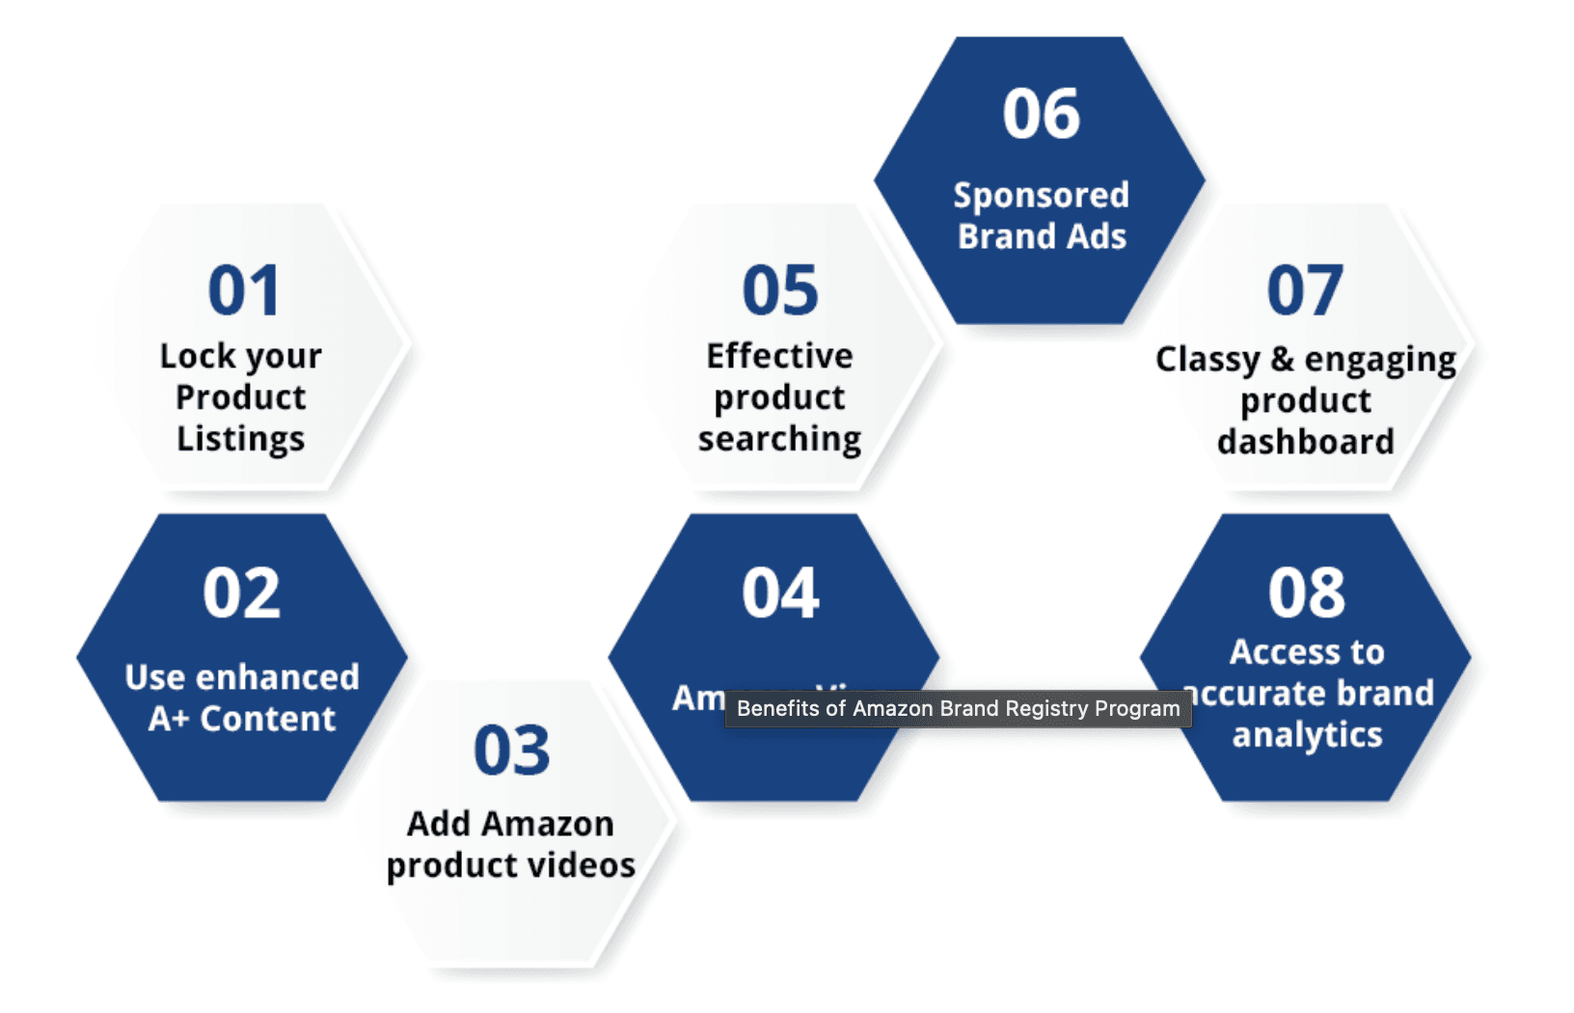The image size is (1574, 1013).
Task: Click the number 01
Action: (244, 290)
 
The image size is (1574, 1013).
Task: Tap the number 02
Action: (241, 592)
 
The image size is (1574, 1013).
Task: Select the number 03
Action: (511, 751)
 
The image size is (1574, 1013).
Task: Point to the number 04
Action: (780, 592)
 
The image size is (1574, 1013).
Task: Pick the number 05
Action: (780, 290)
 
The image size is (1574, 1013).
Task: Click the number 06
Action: (1042, 115)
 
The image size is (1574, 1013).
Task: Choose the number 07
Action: (1305, 290)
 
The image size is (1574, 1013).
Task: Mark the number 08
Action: (1307, 592)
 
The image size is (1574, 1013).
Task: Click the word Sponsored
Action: (1041, 196)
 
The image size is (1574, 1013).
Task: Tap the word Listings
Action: (241, 439)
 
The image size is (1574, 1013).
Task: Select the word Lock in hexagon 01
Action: (197, 356)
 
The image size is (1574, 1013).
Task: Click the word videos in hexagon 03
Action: (583, 865)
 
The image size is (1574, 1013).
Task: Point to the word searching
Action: (780, 439)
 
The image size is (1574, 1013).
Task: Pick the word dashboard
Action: (1306, 442)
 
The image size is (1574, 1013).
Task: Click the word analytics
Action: (1307, 735)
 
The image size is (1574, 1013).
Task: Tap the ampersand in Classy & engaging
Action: (1282, 359)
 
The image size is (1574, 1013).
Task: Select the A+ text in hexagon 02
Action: (168, 719)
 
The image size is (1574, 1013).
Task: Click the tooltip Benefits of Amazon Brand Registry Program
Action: (958, 709)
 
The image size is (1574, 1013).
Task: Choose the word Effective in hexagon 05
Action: (779, 356)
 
